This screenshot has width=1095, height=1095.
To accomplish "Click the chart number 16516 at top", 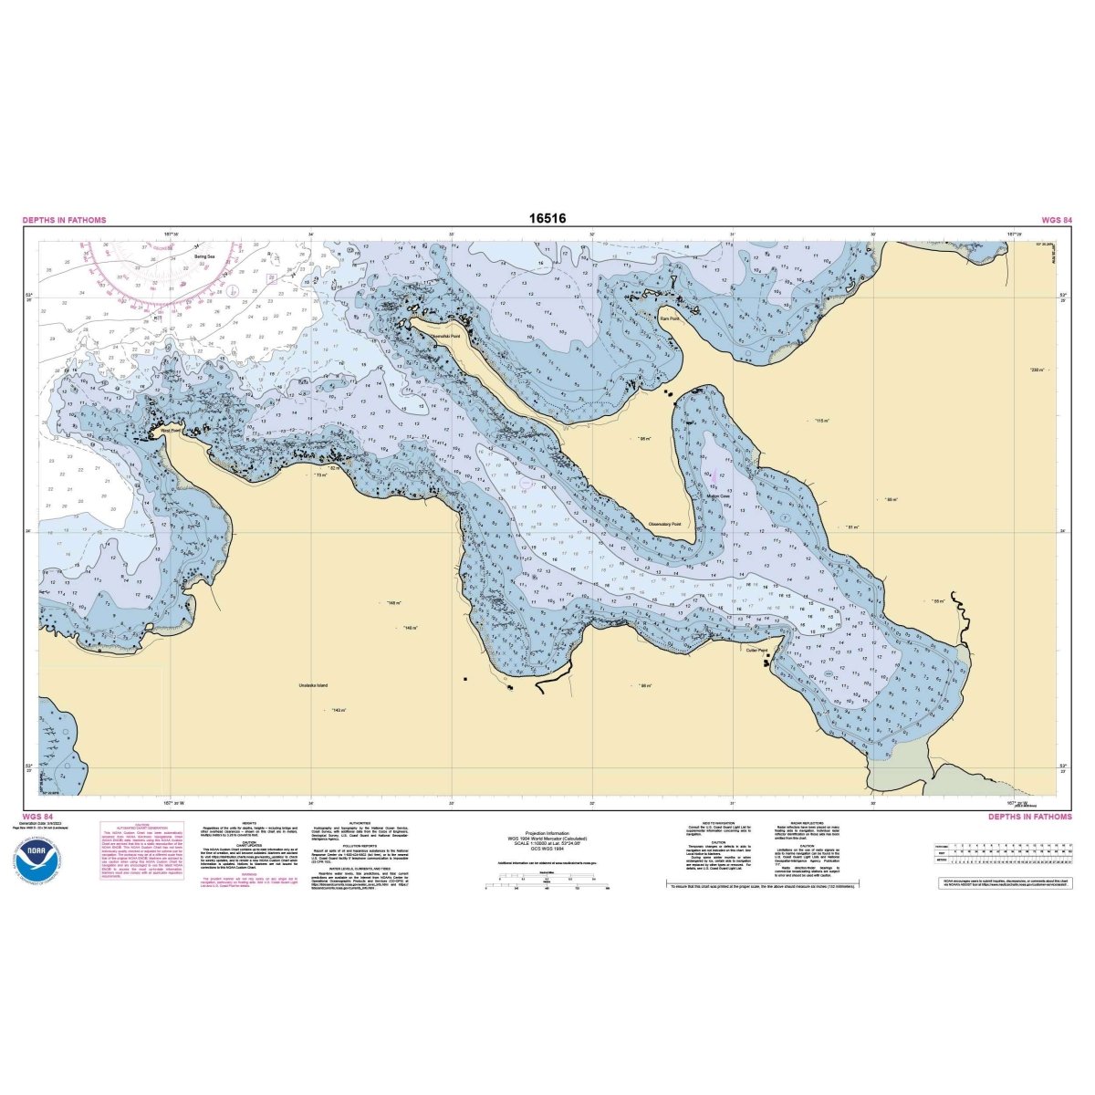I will pyautogui.click(x=547, y=219).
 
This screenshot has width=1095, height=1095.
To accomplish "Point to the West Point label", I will pyautogui.click(x=170, y=429).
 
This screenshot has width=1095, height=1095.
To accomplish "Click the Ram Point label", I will pyautogui.click(x=670, y=318).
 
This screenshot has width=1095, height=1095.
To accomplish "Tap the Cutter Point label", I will pyautogui.click(x=757, y=650).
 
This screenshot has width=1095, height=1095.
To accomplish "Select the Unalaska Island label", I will pyautogui.click(x=313, y=684).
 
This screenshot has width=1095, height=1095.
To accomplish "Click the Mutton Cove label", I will pyautogui.click(x=718, y=496).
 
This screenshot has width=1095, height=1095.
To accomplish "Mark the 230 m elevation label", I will pyautogui.click(x=1036, y=370).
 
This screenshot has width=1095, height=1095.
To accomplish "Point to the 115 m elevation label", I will pyautogui.click(x=821, y=420).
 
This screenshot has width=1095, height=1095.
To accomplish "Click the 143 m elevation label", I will pyautogui.click(x=338, y=710).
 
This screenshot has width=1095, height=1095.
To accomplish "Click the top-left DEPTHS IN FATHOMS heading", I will pyautogui.click(x=64, y=220).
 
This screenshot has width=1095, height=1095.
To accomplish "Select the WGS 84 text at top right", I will pyautogui.click(x=1056, y=220).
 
